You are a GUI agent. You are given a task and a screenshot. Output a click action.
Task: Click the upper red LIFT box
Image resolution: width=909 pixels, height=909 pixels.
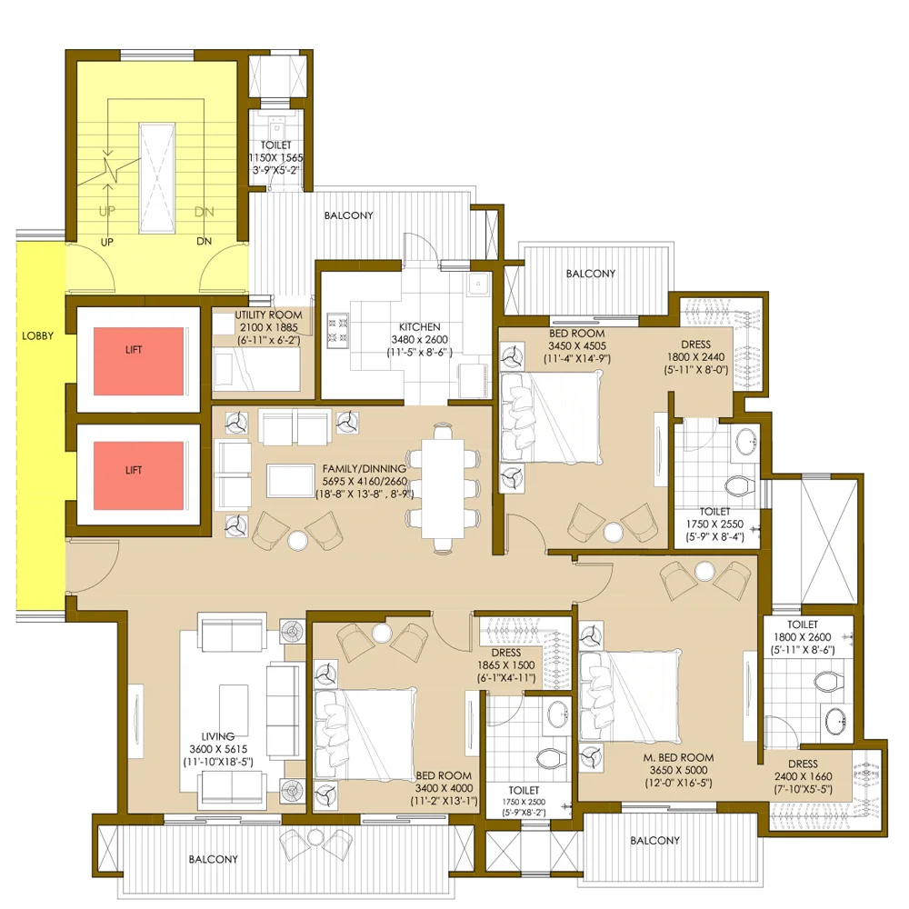[x=138, y=361]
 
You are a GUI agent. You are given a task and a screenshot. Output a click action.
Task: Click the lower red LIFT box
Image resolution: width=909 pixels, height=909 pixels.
[x=138, y=476]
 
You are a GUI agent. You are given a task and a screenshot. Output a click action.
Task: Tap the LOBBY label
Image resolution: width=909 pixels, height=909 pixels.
[x=37, y=335]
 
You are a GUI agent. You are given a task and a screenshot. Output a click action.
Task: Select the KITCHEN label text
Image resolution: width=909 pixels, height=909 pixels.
[x=419, y=327]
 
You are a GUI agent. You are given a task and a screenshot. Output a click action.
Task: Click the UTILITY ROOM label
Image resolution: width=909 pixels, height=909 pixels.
[x=268, y=315]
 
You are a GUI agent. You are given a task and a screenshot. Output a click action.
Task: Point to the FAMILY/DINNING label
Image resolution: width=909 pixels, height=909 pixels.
[x=365, y=468]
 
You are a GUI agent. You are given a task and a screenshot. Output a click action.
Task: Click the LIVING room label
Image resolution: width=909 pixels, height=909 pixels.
[x=218, y=737]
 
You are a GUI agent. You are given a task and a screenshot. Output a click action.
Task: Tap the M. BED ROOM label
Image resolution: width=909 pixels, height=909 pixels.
[x=678, y=758]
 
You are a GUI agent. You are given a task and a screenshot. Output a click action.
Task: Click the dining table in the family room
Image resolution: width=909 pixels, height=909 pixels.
[x=443, y=489]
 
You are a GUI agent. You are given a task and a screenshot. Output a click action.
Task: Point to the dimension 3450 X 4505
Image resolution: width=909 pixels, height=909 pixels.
[x=577, y=346]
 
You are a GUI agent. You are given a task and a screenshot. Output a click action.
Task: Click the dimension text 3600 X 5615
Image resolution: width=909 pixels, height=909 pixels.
[x=218, y=749]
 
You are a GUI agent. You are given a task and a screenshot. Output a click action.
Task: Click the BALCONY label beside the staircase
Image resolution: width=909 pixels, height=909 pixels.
[x=348, y=215]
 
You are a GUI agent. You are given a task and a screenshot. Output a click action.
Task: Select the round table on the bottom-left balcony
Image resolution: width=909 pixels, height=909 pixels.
[x=315, y=836]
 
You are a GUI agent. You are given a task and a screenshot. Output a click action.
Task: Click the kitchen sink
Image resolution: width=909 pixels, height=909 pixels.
[x=479, y=284]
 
